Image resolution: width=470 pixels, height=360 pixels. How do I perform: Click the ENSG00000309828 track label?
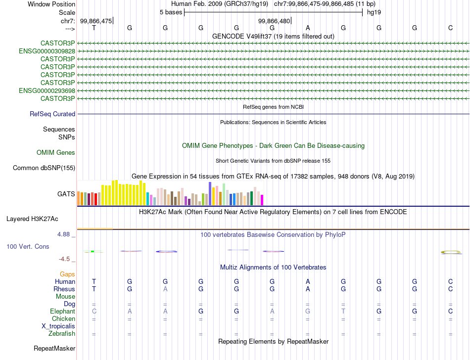point(47,51)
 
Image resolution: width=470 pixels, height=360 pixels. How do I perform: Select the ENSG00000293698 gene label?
point(47,90)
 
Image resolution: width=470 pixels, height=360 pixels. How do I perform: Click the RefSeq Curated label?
point(52,114)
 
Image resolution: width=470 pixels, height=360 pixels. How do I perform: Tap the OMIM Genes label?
point(56,153)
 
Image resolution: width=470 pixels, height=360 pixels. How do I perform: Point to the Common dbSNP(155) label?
point(44,168)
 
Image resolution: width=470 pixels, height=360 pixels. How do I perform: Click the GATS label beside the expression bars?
point(66,194)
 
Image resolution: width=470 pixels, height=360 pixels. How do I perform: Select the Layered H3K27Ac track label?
point(32,219)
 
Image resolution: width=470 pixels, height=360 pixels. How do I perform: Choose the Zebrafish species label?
point(61,334)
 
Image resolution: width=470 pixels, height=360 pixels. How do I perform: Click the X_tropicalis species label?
point(58,326)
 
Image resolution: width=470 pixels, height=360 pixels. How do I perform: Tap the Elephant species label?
point(62,312)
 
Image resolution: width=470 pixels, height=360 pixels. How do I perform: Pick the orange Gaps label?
point(67,274)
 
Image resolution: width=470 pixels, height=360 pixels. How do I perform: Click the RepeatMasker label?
point(54,349)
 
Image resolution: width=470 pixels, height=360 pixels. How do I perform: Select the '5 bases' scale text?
point(171,12)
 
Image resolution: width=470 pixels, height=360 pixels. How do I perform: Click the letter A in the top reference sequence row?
point(308,28)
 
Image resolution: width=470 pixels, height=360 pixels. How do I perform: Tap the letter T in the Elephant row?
point(343,312)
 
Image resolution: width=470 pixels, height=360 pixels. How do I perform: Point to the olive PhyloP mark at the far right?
point(451,252)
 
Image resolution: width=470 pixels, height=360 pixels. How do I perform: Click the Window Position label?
point(51,4)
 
